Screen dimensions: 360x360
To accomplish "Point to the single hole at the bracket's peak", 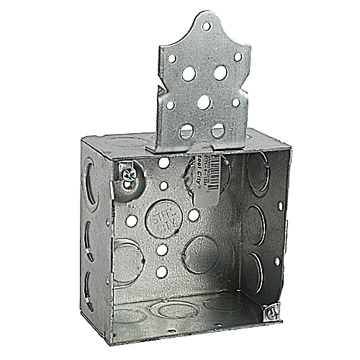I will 206,26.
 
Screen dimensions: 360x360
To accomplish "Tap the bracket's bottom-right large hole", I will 218,130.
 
